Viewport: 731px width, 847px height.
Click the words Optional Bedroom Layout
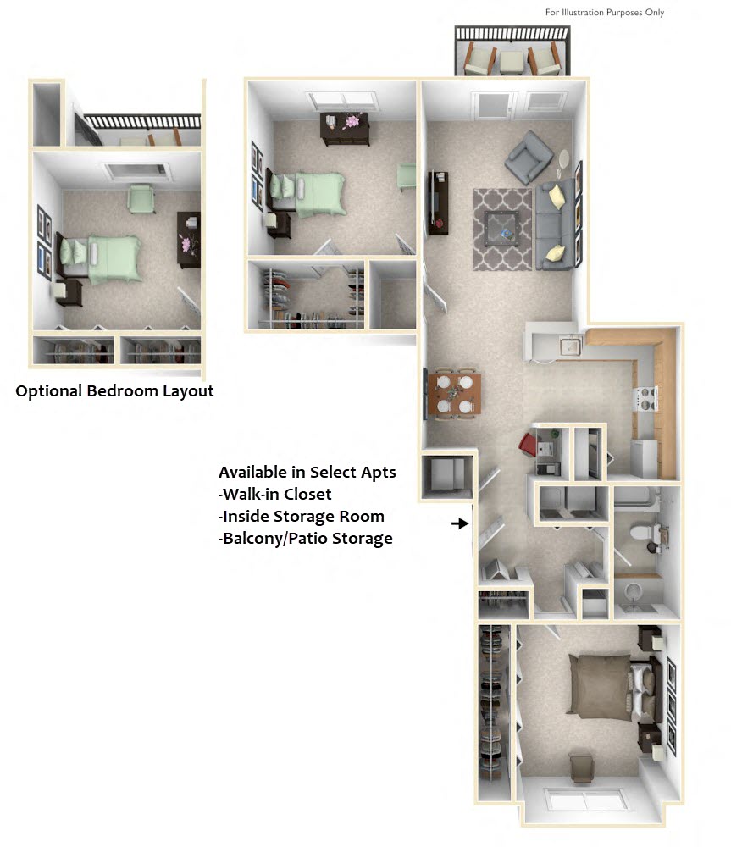(x=114, y=391)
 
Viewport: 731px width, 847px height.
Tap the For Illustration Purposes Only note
(x=604, y=13)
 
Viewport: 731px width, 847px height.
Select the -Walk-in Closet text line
(x=275, y=494)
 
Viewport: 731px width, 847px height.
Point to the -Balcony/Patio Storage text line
(x=306, y=538)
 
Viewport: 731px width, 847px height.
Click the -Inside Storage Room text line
(x=302, y=516)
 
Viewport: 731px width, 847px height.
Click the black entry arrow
(x=460, y=524)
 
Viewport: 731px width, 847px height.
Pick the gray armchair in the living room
(x=529, y=158)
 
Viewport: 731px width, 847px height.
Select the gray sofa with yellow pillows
(x=555, y=224)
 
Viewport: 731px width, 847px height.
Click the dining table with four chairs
(x=454, y=394)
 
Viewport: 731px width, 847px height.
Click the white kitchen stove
(x=646, y=398)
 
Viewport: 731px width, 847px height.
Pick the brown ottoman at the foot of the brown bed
(x=582, y=767)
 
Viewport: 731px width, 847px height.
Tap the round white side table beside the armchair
(x=565, y=158)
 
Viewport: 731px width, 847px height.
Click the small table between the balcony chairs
(x=510, y=61)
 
